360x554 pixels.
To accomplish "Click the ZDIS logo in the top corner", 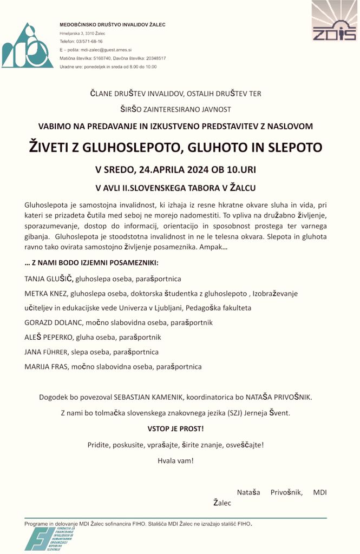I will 334,22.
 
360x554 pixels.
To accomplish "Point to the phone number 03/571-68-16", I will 89,41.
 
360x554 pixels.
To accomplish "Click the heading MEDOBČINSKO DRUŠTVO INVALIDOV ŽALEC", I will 113,24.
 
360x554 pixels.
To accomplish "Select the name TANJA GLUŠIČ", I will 49,279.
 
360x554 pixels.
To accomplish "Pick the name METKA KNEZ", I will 46,294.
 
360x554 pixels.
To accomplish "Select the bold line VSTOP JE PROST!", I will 176,429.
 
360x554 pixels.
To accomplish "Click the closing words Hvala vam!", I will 175,461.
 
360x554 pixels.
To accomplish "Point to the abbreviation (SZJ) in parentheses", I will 220,413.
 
